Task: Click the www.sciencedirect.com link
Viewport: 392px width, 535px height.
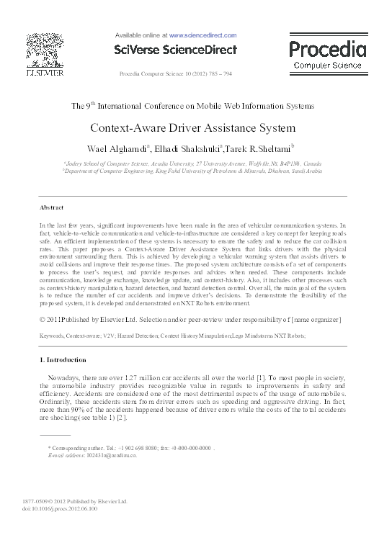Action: [202, 35]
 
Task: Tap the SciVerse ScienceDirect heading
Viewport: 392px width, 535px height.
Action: [176, 49]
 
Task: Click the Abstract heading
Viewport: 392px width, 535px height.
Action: [51, 207]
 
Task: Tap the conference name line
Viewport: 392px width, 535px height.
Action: [192, 106]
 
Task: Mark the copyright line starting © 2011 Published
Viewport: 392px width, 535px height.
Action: [190, 319]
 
